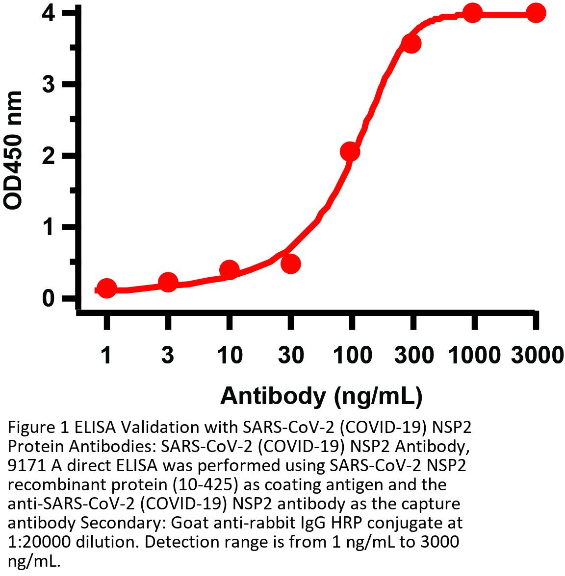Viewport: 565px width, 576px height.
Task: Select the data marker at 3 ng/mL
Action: [x=168, y=282]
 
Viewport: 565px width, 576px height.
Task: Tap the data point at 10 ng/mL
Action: [x=229, y=270]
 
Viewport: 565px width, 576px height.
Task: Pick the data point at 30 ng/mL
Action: [x=290, y=264]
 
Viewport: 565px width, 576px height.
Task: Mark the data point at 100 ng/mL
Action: [x=350, y=152]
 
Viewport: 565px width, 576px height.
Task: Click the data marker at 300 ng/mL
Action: [x=411, y=44]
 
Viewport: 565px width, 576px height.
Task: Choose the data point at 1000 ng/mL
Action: [x=472, y=13]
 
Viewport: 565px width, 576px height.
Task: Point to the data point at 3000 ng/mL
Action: [x=536, y=13]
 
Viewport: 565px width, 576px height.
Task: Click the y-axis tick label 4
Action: [x=48, y=13]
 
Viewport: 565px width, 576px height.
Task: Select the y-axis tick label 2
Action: [x=48, y=156]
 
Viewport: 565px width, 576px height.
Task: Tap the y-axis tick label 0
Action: [x=48, y=298]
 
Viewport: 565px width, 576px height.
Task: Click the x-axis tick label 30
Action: [x=290, y=355]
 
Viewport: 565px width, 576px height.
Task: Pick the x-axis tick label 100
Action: [x=351, y=355]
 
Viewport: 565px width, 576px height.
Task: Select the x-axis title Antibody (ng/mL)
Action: [x=321, y=396]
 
